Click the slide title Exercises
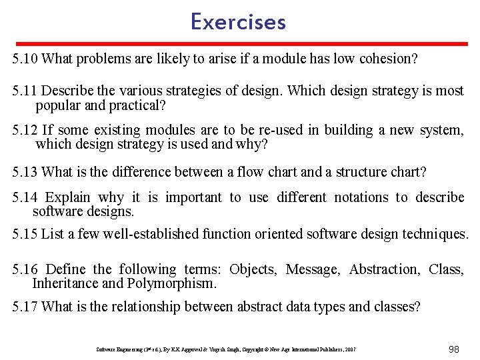click(238, 22)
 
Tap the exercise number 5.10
click(25, 59)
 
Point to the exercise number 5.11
click(25, 90)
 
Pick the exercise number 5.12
click(25, 129)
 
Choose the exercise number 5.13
click(25, 172)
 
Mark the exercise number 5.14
click(25, 197)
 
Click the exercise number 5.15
click(25, 234)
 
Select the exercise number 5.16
click(25, 269)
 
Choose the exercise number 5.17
click(25, 307)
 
